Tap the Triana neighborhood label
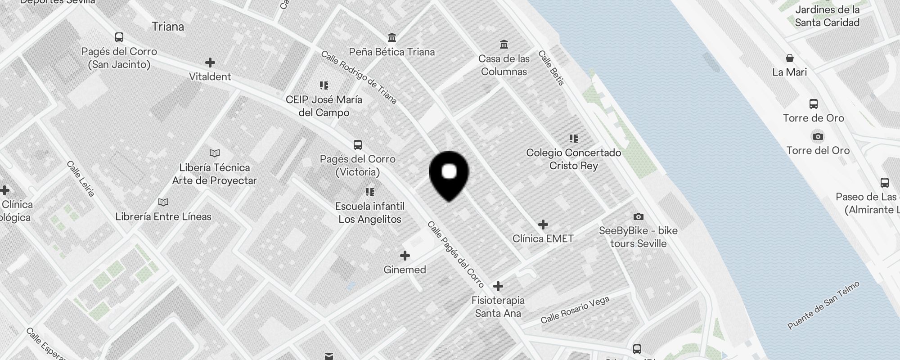168,27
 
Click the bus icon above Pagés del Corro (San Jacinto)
119,37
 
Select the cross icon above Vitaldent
210,63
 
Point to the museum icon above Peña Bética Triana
392,37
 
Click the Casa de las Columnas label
504,65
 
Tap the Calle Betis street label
551,68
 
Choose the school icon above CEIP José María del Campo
324,85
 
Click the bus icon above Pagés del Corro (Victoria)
358,145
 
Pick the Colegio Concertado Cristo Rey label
574,159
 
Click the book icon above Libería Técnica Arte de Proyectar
215,153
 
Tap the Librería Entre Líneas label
163,216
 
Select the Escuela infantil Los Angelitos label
370,212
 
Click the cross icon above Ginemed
405,256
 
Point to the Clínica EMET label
543,238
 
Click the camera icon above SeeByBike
638,217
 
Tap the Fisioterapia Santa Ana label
498,306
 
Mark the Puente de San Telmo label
823,305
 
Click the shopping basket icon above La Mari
790,58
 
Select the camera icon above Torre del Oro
818,136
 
